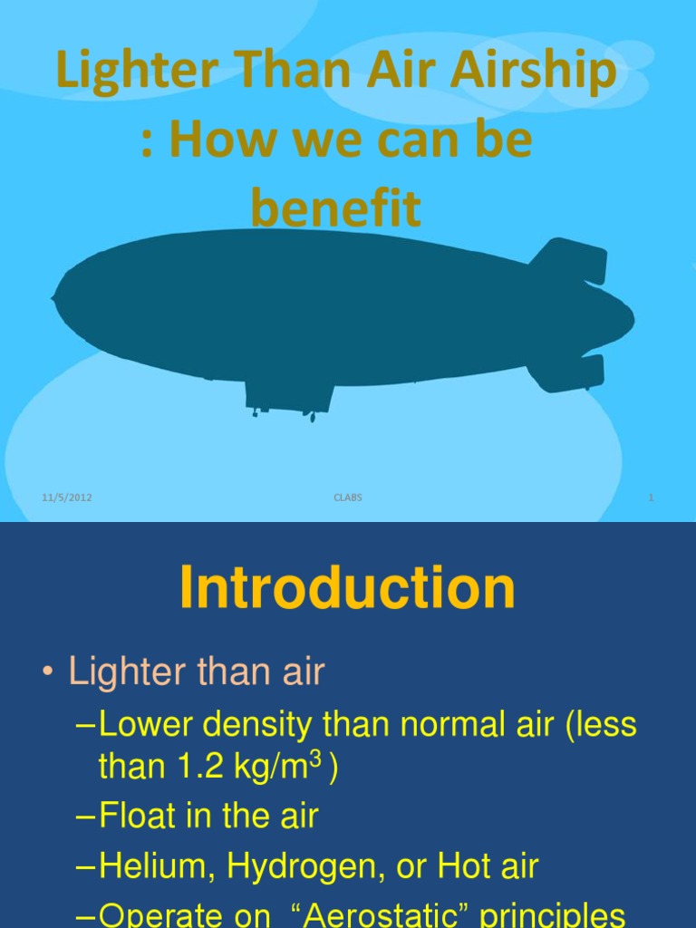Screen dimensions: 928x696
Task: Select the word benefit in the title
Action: tap(336, 209)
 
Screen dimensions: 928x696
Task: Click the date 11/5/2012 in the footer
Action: tap(67, 498)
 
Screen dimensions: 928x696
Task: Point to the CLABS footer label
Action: tap(348, 498)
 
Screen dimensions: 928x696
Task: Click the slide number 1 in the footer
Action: tap(651, 498)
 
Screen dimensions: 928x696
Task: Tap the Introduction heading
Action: tap(347, 589)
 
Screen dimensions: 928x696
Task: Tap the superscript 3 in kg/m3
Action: tap(317, 759)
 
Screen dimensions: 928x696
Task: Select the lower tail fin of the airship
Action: tap(571, 372)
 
